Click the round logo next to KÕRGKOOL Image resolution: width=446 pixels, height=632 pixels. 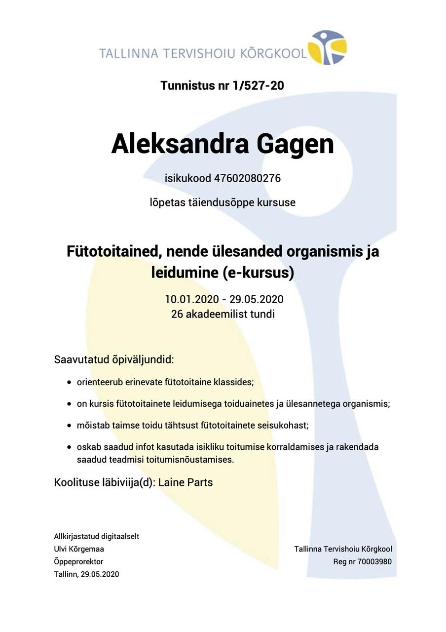(327, 47)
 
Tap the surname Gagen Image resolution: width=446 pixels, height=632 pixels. (295, 144)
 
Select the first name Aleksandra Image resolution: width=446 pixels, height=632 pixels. (180, 144)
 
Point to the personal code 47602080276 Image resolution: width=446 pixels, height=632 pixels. (247, 178)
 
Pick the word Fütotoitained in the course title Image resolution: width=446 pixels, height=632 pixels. (113, 251)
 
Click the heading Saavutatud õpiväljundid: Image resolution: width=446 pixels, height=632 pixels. (114, 359)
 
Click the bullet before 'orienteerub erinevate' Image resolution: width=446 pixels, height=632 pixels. (69, 382)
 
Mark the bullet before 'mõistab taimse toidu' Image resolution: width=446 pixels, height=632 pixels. (69, 425)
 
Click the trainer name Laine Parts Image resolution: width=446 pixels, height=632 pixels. (186, 482)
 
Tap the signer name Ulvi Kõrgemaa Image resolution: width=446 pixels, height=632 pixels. (79, 549)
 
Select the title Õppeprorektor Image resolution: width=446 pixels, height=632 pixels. (78, 561)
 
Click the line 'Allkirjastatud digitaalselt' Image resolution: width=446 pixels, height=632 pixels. (96, 536)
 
